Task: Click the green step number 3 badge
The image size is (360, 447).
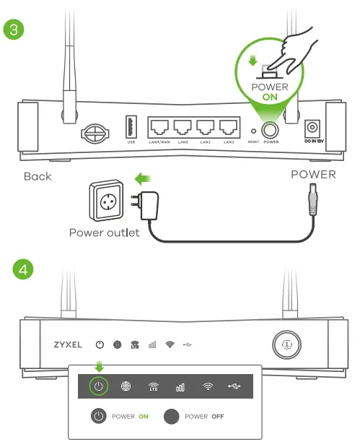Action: [15, 30]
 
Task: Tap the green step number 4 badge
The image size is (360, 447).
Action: [24, 270]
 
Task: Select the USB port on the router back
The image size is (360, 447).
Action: [131, 128]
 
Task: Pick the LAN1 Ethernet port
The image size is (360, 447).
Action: [229, 129]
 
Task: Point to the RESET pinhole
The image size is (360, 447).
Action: [253, 131]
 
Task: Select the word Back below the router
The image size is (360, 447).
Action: [38, 176]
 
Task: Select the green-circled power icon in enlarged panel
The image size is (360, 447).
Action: [99, 387]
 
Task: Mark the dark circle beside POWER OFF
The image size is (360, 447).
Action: [171, 417]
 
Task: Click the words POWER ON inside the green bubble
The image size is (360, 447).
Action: [269, 92]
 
